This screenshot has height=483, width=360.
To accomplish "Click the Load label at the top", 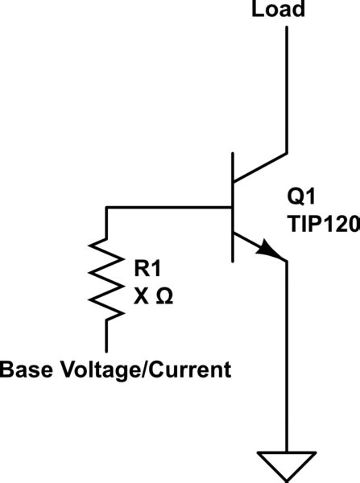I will (279, 10).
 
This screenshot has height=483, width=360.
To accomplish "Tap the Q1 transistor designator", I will (300, 196).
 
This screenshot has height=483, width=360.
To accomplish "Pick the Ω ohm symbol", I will (162, 295).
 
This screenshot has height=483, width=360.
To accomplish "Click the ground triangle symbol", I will (287, 464).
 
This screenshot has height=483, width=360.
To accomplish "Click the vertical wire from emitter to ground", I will (287, 354).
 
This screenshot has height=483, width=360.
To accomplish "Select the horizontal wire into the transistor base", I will (169, 208).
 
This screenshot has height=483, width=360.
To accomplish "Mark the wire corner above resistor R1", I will (106, 208).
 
